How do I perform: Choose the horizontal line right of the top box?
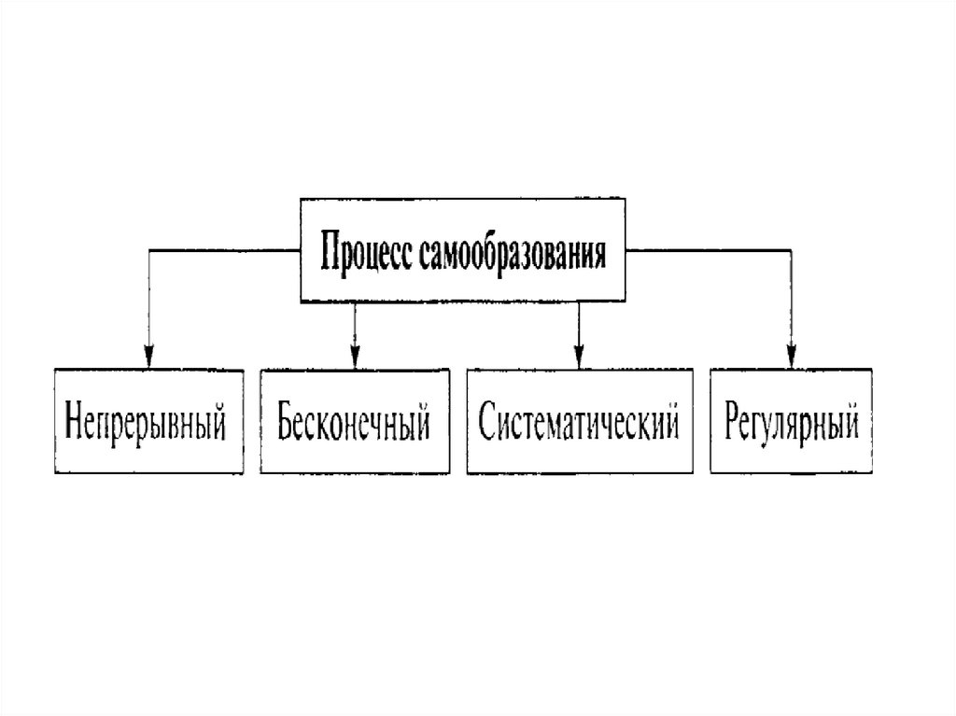coord(710,250)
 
